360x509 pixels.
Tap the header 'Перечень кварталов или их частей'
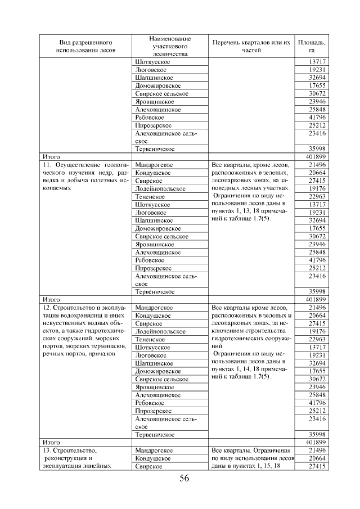point(251,46)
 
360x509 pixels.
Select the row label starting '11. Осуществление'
point(86,165)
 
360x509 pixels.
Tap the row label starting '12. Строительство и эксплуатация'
point(86,308)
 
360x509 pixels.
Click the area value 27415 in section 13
point(318,467)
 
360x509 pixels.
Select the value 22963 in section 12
point(318,340)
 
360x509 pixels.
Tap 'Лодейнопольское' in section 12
point(160,332)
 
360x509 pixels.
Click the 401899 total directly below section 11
point(316,300)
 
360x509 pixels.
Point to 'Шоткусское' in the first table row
point(152,61)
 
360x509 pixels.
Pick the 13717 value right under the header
point(318,61)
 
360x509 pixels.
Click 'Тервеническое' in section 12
point(155,435)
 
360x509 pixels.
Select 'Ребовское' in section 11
point(150,260)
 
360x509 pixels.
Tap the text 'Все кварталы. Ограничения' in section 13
point(250,451)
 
